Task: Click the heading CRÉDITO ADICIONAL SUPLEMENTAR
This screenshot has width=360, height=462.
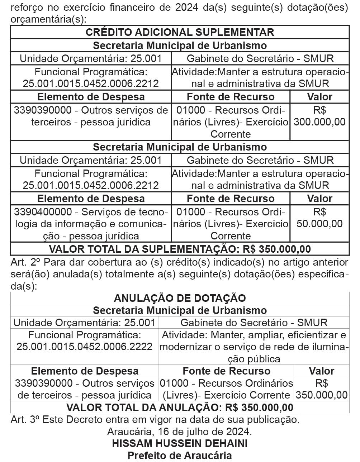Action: pos(180,32)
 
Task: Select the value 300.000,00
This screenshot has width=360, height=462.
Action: pos(319,122)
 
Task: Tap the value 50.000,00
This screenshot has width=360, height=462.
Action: pos(319,224)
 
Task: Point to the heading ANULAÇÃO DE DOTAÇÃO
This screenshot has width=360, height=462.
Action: pos(180,298)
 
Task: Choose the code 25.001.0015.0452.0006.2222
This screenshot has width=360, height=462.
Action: pos(85,347)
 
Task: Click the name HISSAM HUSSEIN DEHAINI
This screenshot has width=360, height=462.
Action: pos(180,443)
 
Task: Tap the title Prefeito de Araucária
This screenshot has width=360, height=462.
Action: pos(180,456)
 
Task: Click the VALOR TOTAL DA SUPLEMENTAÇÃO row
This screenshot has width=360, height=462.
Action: pos(180,249)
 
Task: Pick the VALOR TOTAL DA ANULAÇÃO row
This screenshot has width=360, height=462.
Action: pos(180,408)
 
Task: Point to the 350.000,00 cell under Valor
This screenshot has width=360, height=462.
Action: pos(322,395)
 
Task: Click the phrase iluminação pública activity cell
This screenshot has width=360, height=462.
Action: pos(254,347)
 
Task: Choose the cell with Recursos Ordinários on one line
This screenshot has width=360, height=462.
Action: pos(226,389)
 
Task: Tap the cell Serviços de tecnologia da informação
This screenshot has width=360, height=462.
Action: pos(91,224)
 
